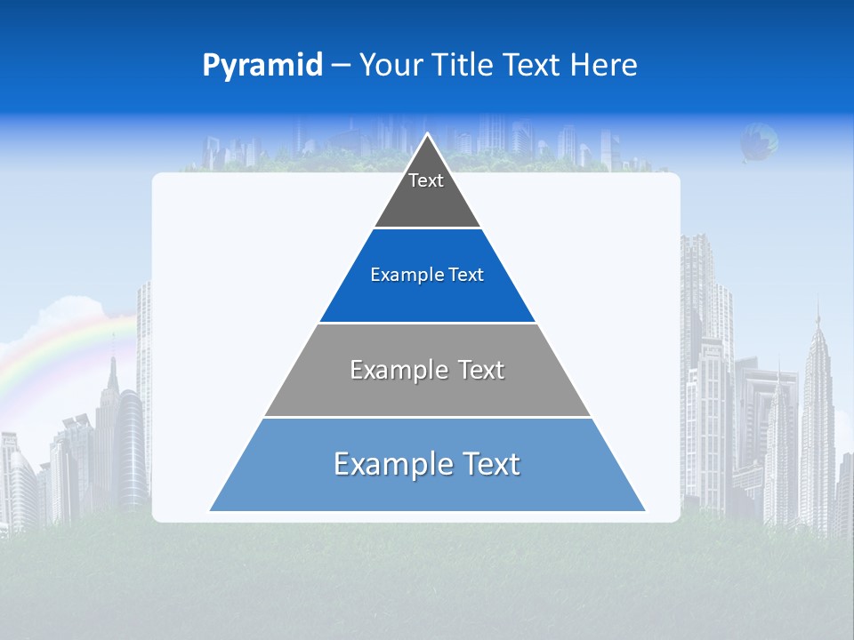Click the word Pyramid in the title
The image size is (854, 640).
262,66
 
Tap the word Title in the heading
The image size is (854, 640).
466,66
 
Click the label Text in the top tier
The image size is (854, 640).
426,181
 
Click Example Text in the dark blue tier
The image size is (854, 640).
427,276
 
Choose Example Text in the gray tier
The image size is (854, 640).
427,370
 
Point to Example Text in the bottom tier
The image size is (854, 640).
427,464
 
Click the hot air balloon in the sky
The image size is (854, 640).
759,142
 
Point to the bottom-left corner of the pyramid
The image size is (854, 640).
211,510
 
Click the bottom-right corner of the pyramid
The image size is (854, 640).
644,510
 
